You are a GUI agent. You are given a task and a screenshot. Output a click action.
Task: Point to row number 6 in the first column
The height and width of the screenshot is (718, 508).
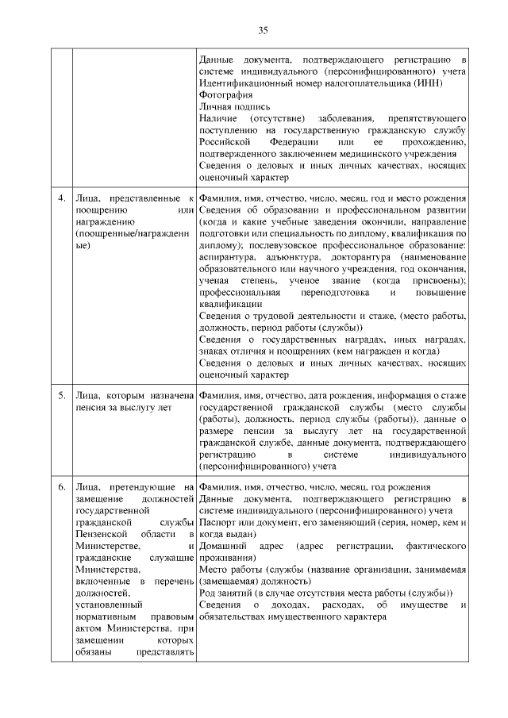60,486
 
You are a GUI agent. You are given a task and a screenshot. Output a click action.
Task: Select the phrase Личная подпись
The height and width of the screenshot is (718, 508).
234,106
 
